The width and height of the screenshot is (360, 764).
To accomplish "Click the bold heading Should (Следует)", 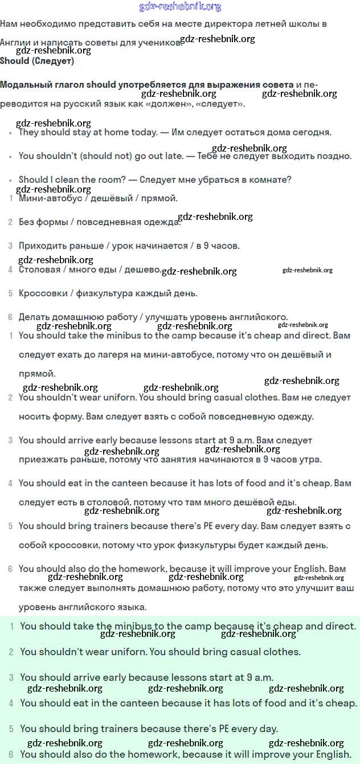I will click(37, 61).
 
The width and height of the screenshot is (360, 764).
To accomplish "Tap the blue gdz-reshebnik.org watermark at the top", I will click(180, 7).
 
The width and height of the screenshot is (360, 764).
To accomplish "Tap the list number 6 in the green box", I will click(11, 754).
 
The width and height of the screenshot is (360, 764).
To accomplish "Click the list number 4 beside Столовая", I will click(10, 269).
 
